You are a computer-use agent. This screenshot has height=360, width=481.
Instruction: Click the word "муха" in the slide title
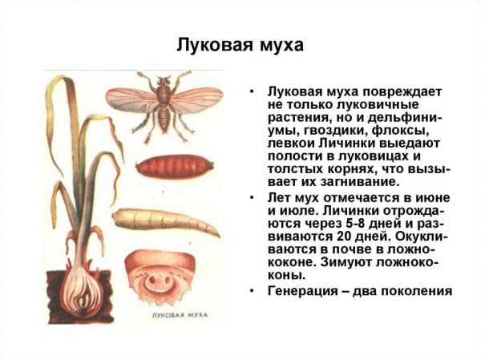click(x=281, y=45)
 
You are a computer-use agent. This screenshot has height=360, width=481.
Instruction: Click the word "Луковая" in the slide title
click(x=216, y=44)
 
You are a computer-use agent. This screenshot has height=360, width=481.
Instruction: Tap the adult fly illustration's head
click(x=164, y=80)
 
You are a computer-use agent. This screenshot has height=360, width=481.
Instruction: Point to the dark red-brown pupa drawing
click(x=174, y=166)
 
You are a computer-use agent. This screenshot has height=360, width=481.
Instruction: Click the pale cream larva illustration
click(x=166, y=221)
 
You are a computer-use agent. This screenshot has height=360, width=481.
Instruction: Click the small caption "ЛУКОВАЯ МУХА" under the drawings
click(x=180, y=315)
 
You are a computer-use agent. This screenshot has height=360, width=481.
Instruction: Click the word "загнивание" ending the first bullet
click(x=359, y=182)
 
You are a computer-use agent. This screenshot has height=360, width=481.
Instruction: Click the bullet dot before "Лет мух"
click(x=252, y=198)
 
